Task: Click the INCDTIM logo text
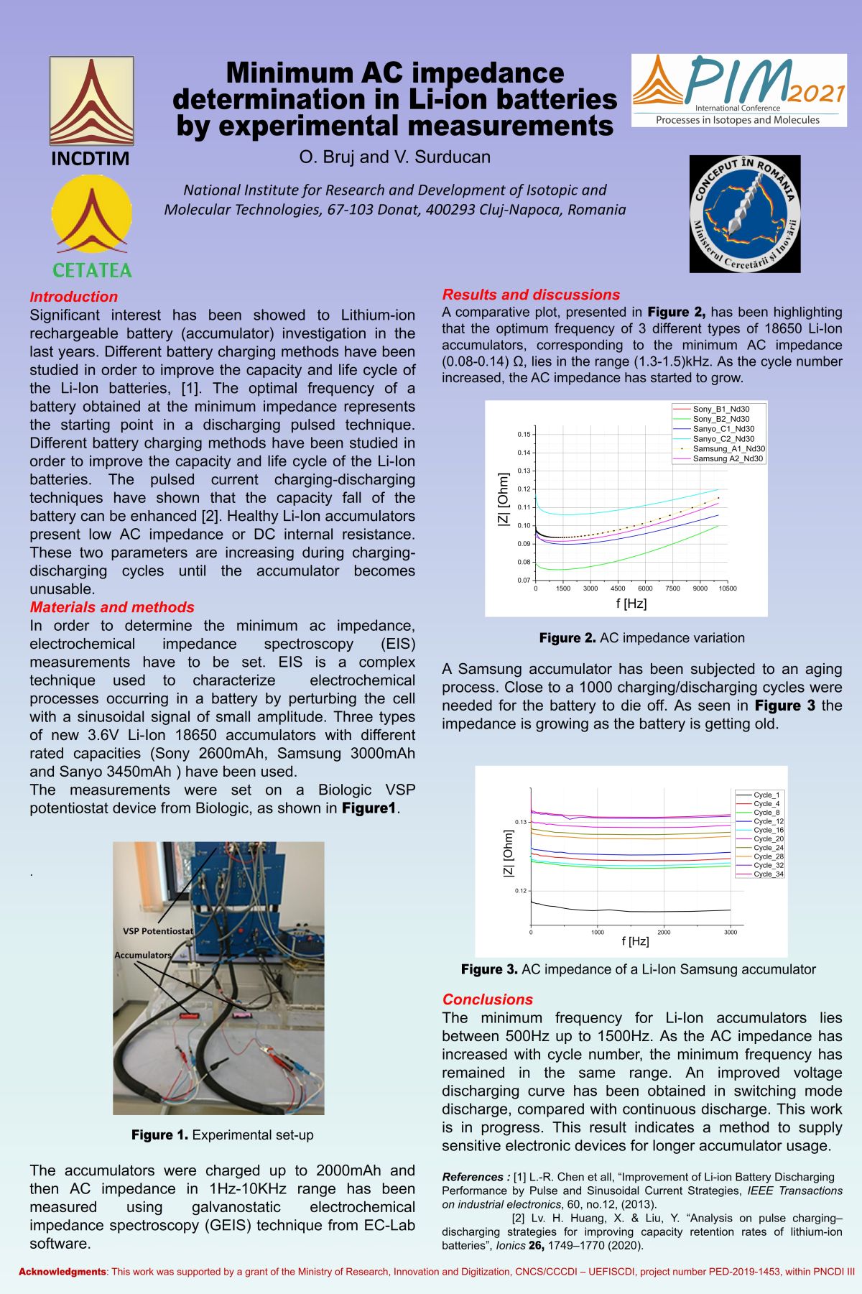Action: [x=91, y=159]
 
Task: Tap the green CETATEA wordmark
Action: [x=92, y=271]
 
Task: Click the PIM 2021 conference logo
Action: [x=738, y=91]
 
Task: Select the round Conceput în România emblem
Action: [x=745, y=214]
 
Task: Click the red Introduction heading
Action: [x=73, y=297]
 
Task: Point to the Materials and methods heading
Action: [x=112, y=607]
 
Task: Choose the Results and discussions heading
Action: [x=531, y=295]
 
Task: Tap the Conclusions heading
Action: [x=487, y=999]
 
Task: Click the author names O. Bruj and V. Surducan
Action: [x=394, y=157]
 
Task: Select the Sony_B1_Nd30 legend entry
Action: [x=720, y=410]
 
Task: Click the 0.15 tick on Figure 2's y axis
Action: [x=524, y=435]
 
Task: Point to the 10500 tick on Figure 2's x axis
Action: [x=727, y=588]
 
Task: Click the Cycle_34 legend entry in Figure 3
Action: [x=768, y=874]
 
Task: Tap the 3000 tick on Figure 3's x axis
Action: [x=730, y=933]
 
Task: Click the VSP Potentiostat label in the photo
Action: [x=157, y=931]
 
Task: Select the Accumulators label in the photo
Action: [x=143, y=955]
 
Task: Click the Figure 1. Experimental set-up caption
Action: [x=222, y=1135]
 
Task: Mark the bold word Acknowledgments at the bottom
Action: [x=62, y=1272]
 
